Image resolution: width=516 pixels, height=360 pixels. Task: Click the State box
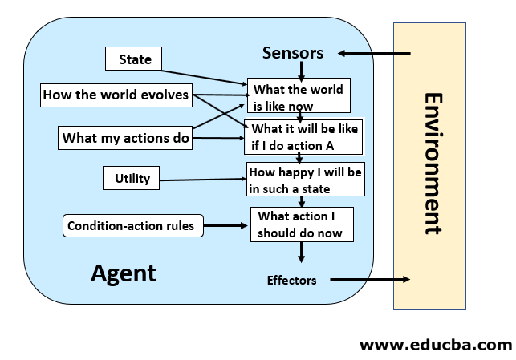pyautogui.click(x=134, y=59)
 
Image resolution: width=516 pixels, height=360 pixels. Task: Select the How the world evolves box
pyautogui.click(x=116, y=95)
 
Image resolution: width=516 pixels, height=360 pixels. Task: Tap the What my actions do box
pyautogui.click(x=126, y=138)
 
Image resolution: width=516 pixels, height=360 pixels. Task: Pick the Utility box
pyautogui.click(x=132, y=178)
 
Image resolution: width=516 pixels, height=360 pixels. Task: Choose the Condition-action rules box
pyautogui.click(x=131, y=226)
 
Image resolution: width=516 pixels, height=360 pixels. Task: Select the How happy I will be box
pyautogui.click(x=305, y=180)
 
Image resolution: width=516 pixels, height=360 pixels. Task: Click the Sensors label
pyautogui.click(x=293, y=53)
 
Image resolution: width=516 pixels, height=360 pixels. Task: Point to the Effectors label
pyautogui.click(x=291, y=280)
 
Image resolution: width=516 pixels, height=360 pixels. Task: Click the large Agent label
pyautogui.click(x=124, y=273)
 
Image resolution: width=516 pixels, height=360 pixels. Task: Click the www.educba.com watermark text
pyautogui.click(x=435, y=345)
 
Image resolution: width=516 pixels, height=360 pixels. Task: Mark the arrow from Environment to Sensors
pyautogui.click(x=374, y=54)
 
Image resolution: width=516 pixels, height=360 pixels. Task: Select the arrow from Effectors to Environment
pyautogui.click(x=370, y=280)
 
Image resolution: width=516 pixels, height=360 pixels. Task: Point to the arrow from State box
pyautogui.click(x=204, y=73)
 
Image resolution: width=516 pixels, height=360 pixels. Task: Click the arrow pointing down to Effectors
pyautogui.click(x=302, y=253)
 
